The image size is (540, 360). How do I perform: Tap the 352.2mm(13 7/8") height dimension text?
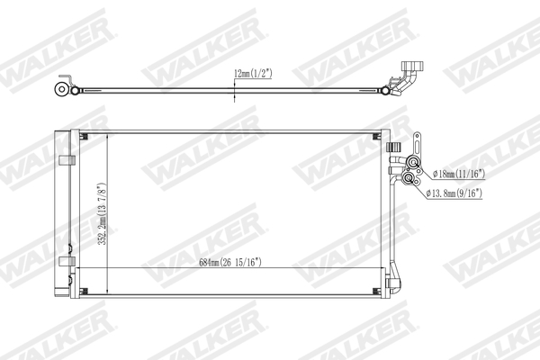105,213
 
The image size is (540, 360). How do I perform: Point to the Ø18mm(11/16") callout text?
457,173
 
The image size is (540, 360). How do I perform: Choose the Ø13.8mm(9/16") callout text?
456,193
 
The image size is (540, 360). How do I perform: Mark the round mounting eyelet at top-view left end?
60,89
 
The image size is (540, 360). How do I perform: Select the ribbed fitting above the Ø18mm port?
392,148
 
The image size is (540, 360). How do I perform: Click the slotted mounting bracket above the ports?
418,142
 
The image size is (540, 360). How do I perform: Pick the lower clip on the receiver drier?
66,261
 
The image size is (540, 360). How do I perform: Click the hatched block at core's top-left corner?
84,138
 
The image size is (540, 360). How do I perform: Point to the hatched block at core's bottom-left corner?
84,291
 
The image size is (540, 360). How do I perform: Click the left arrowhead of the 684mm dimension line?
77,269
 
